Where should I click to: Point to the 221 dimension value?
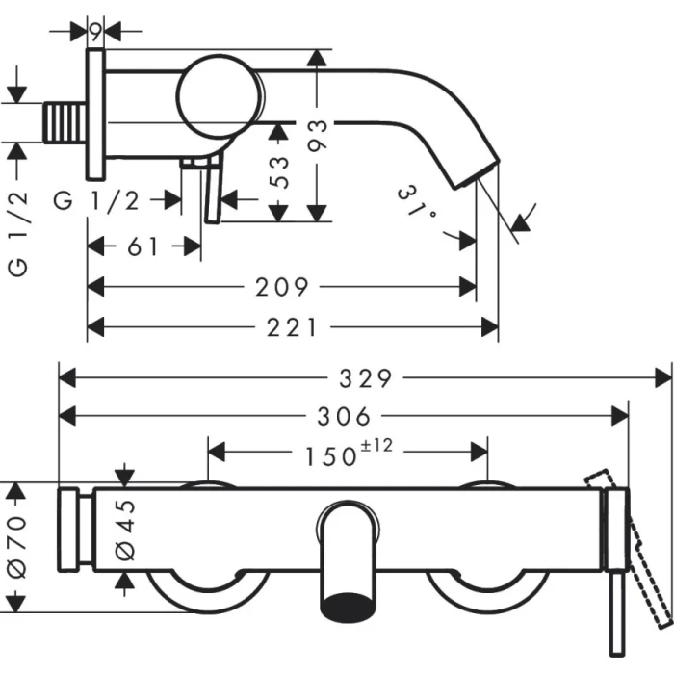[292, 327]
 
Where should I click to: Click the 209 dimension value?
[284, 287]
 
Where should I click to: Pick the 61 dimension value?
[143, 246]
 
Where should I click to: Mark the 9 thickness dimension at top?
[95, 31]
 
